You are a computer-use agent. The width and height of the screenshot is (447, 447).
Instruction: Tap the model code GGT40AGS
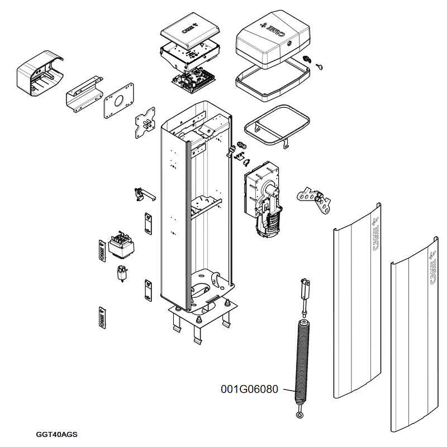[x=56, y=434]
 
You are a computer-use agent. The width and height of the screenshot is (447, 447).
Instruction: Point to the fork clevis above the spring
[x=305, y=288]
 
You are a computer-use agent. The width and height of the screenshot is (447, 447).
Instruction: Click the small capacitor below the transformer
[x=121, y=273]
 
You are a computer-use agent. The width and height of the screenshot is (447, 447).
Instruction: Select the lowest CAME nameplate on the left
[x=101, y=317]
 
